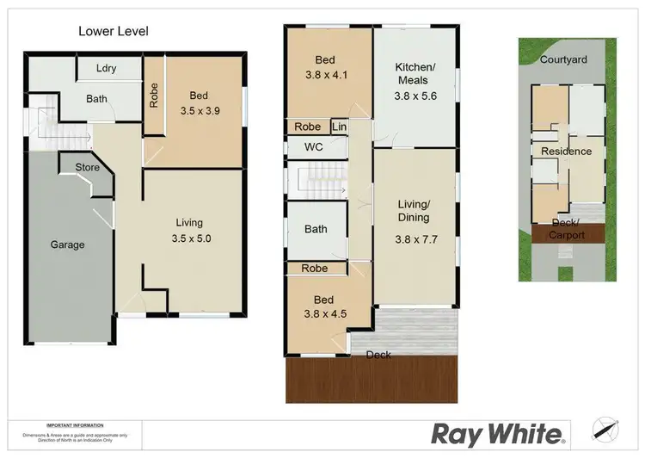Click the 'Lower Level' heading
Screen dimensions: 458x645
(x=114, y=32)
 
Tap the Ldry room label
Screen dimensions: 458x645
(x=107, y=69)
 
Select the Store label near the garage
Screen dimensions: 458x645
(x=88, y=167)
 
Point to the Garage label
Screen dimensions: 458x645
(x=67, y=244)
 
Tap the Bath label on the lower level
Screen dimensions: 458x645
(x=96, y=99)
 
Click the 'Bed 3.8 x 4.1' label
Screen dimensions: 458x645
(x=325, y=67)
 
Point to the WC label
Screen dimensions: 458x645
(x=313, y=147)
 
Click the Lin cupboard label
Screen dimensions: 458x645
(x=340, y=127)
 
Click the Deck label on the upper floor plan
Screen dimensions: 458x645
(x=379, y=355)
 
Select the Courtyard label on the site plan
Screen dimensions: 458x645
(x=563, y=60)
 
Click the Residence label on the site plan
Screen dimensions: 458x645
(x=566, y=152)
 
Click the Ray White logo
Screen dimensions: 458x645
(x=498, y=433)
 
